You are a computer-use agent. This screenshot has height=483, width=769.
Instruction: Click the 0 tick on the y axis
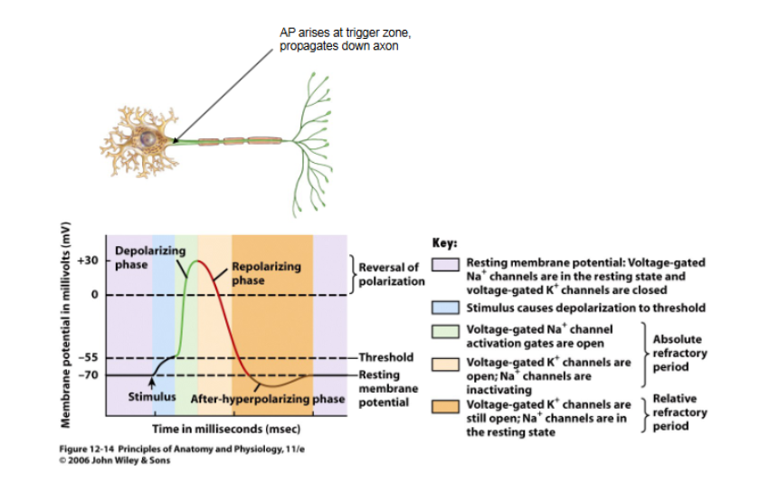[93, 295]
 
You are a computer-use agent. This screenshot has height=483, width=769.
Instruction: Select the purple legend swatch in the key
[446, 265]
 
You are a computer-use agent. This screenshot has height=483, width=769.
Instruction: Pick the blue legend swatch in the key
[446, 308]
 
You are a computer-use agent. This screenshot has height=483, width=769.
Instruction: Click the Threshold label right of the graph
[387, 358]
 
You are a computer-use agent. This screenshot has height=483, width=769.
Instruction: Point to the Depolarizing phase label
[144, 257]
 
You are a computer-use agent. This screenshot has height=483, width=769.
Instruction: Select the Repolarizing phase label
[261, 273]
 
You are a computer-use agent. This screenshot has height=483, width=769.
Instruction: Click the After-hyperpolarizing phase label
[268, 398]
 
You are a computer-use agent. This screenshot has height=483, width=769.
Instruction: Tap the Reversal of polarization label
[391, 274]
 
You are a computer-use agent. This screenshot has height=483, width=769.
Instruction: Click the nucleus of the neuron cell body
[147, 139]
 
